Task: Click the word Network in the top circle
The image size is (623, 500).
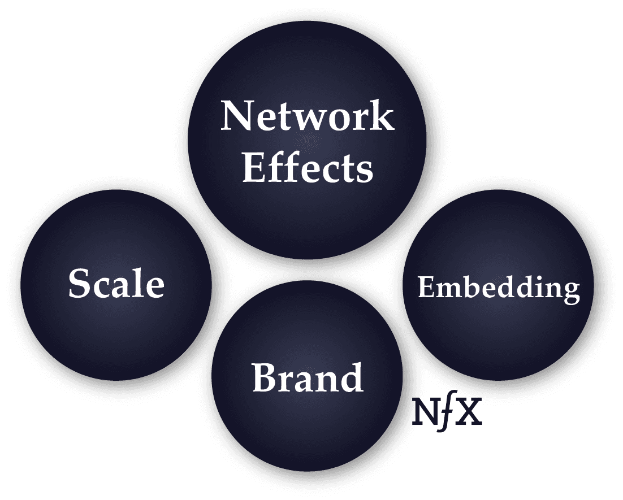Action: point(308,116)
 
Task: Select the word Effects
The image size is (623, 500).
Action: point(308,167)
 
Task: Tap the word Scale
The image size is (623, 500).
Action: point(116,284)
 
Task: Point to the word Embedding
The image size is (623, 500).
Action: point(499,288)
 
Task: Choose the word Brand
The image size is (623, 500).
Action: point(307,378)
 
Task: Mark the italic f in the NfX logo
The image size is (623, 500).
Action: point(447,412)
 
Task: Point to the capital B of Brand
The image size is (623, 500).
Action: point(265,378)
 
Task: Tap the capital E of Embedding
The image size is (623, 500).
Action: point(425,288)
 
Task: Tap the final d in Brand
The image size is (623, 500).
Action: point(350,377)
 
